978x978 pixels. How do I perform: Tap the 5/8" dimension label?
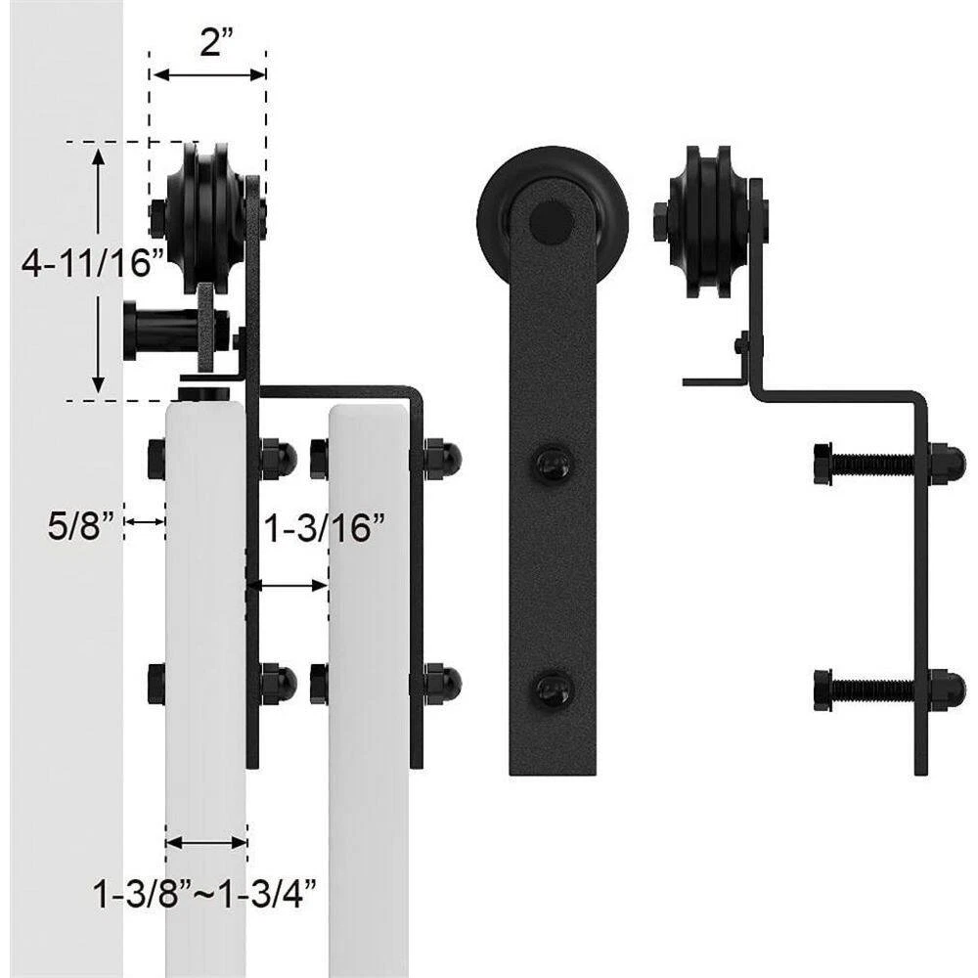click(82, 525)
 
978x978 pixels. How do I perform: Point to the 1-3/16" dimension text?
click(325, 528)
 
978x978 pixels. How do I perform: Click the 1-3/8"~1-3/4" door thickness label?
click(205, 895)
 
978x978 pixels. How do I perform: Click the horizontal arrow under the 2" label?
click(209, 75)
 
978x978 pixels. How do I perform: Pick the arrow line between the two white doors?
click(287, 586)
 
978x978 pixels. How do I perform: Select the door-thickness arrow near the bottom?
click(206, 843)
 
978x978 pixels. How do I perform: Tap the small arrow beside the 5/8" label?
click(145, 521)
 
